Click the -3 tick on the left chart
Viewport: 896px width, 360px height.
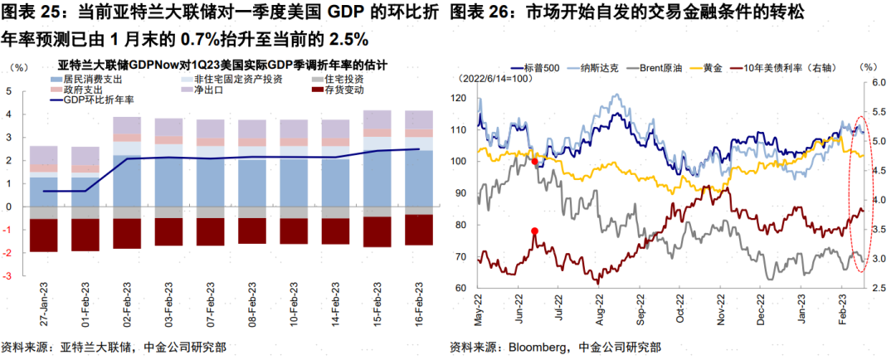click(x=8, y=275)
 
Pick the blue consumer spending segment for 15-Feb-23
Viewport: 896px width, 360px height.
click(x=377, y=178)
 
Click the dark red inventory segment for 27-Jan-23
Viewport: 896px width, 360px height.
click(x=44, y=235)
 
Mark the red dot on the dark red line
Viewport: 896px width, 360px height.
click(x=534, y=231)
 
